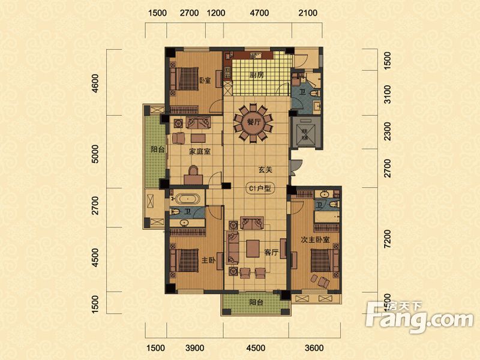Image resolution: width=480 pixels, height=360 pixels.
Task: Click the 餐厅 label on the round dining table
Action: coord(254,121)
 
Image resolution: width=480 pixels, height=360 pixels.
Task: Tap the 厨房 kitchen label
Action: coord(258,76)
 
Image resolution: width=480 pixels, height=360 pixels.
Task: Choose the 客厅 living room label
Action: coord(272,253)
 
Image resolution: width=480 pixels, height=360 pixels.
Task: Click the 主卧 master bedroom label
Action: coord(208,260)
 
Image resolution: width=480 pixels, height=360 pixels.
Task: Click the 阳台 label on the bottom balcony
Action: coord(256,303)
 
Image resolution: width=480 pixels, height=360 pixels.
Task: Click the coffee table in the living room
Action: coord(253,247)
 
